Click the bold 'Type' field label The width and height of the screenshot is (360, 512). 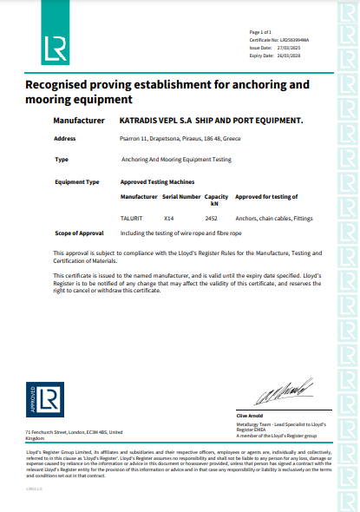click(61, 160)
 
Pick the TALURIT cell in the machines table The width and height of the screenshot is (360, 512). click(131, 218)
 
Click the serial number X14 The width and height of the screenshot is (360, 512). click(170, 218)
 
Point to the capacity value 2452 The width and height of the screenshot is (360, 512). click(211, 218)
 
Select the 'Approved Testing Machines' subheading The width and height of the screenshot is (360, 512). click(157, 181)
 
